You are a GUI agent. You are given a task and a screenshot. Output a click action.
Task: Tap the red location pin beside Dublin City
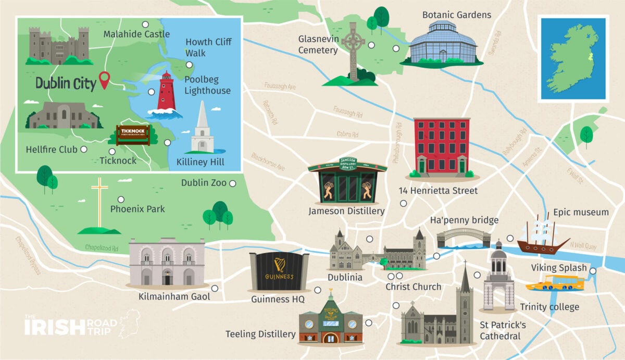pyautogui.click(x=105, y=80)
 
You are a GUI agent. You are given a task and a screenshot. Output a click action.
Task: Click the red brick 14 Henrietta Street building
pyautogui.click(x=441, y=147)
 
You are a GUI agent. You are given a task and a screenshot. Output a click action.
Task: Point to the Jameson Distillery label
pyautogui.click(x=346, y=211)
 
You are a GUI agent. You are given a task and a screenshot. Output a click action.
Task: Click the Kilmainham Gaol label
pyautogui.click(x=174, y=296)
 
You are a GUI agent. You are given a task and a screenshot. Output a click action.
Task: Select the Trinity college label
pyautogui.click(x=549, y=307)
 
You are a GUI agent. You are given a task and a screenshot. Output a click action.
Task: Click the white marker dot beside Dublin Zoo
pyautogui.click(x=233, y=183)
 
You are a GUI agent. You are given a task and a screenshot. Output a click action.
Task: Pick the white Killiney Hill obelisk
pyautogui.click(x=202, y=129)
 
